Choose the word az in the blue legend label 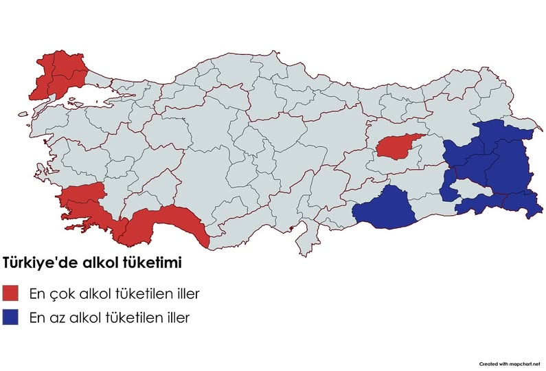(58, 318)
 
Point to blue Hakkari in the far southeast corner (521, 203)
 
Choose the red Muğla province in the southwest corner (96, 216)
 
